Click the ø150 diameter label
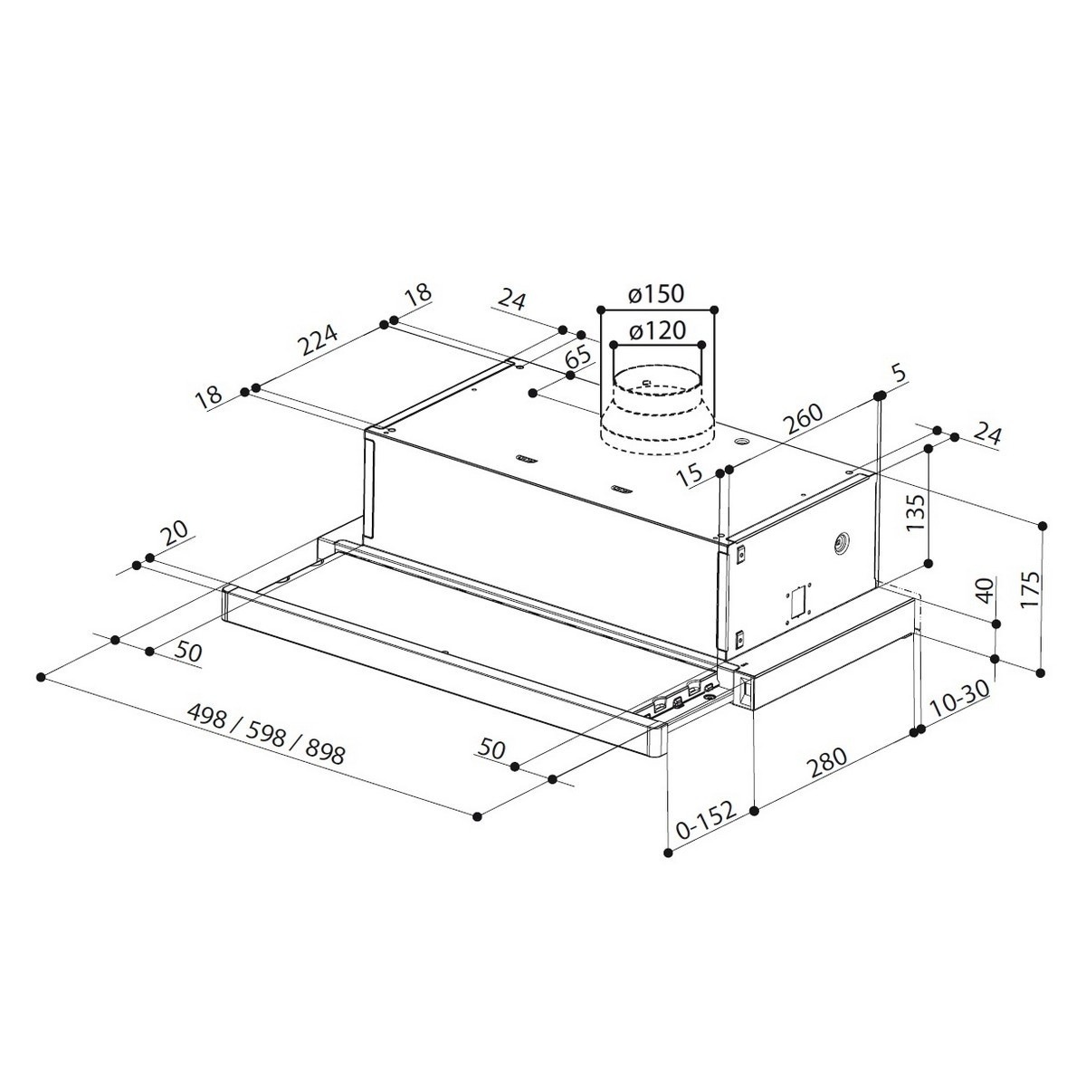pos(657,294)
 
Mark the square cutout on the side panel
pos(798,602)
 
